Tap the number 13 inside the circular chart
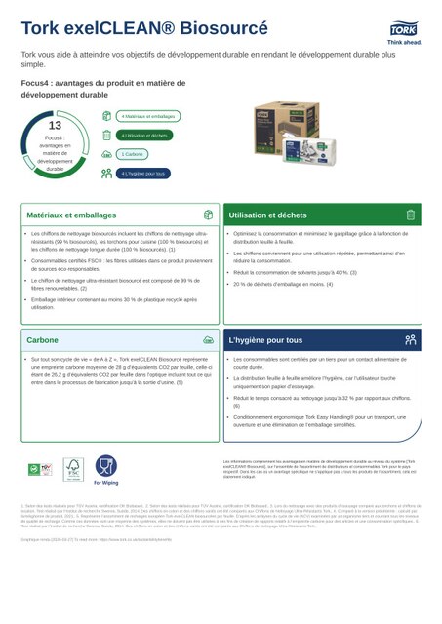tap(55, 126)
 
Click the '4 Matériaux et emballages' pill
tap(148, 116)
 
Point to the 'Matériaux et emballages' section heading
tap(71, 214)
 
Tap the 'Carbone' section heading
tap(42, 340)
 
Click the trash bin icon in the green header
tap(411, 214)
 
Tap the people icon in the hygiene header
tap(411, 340)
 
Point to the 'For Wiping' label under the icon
tap(105, 483)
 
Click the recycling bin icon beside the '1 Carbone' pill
tap(106, 154)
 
